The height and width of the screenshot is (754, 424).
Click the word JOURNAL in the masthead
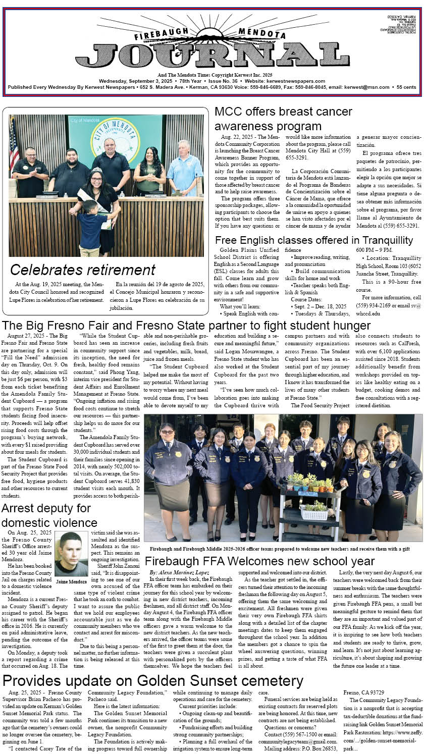coord(212,53)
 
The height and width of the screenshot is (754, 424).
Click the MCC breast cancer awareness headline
coord(283,119)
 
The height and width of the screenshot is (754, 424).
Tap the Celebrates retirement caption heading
coord(83,270)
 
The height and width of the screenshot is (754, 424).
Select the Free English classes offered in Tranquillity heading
coord(313,240)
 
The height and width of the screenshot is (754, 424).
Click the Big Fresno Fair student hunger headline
coord(186,326)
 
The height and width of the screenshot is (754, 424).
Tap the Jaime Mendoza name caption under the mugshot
coord(71,581)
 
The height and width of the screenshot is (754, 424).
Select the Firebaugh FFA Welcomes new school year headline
coord(259,561)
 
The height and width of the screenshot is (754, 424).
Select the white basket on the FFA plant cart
coord(314,514)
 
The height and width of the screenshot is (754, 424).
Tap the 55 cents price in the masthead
coord(406,87)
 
